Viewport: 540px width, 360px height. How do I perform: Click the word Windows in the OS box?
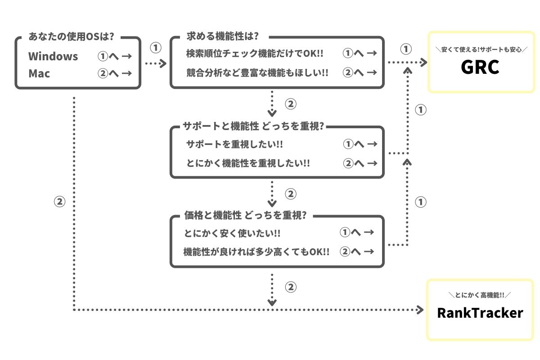point(53,56)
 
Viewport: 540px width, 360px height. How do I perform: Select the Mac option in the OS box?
point(40,73)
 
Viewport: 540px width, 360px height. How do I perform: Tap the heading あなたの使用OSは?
point(71,36)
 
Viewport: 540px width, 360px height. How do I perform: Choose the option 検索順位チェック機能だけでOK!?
point(255,54)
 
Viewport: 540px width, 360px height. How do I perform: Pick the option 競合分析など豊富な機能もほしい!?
point(257,72)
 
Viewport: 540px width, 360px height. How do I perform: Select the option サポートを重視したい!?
point(234,144)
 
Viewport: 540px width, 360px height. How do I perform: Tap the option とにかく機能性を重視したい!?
point(248,163)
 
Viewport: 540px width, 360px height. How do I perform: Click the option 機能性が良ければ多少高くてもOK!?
point(256,252)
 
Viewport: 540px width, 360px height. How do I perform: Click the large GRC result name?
point(480,67)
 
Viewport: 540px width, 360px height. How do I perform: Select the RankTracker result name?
point(480,313)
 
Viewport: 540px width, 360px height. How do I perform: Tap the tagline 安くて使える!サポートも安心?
point(480,49)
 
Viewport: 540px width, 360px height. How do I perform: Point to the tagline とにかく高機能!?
point(480,295)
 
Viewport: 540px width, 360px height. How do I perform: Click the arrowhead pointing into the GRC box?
point(423,62)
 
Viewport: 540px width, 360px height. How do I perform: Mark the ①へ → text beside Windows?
point(114,56)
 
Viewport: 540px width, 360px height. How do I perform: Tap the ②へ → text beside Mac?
point(114,73)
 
